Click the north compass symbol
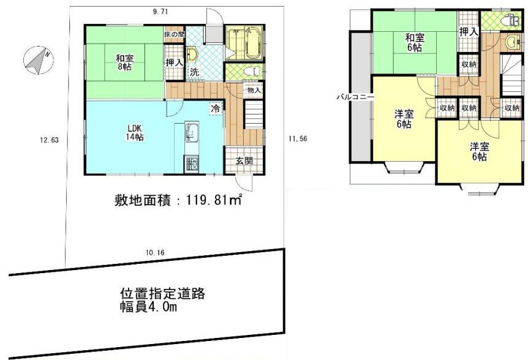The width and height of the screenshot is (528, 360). tap(39, 60)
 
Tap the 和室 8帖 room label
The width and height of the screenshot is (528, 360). tap(124, 62)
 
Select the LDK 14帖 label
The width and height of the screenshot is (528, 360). tap(135, 133)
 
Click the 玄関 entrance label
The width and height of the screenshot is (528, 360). tap(244, 161)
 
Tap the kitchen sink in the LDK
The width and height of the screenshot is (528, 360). tap(192, 133)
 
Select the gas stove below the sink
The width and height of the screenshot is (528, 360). tap(192, 165)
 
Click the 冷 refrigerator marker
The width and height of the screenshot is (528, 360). tap(216, 108)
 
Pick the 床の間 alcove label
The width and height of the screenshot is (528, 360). tap(174, 34)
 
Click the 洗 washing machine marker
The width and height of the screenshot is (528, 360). tap(194, 72)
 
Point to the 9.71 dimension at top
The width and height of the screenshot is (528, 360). tap(160, 12)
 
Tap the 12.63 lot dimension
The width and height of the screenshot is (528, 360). tap(49, 140)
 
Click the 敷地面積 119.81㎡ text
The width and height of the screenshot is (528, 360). tap(178, 201)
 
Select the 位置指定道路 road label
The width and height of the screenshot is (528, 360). tap(163, 294)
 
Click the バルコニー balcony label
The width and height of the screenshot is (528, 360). tap(356, 97)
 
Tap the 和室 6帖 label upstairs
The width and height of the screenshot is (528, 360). tap(415, 42)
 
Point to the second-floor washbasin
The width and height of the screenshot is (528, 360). tap(513, 42)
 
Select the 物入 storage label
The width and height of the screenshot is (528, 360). tap(254, 90)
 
